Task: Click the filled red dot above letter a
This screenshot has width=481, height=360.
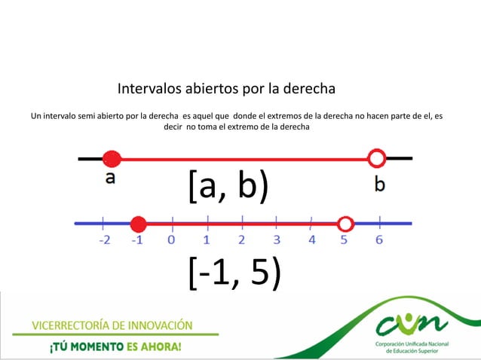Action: tap(112, 159)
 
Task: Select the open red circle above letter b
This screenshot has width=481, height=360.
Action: tap(377, 158)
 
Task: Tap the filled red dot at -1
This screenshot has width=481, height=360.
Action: tap(138, 224)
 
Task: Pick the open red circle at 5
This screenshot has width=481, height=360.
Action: tap(345, 224)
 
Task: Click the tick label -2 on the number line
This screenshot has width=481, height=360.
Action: tap(103, 240)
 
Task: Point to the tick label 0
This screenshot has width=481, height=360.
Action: tap(172, 240)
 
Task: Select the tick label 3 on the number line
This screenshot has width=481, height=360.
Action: tap(277, 240)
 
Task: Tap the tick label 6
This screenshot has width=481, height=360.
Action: tap(379, 240)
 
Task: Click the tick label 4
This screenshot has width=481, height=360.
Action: tap(311, 240)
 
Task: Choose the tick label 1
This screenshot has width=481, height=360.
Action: tap(207, 240)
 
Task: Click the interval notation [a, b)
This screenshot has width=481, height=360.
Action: tap(228, 186)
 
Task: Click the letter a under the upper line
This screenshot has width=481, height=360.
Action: tap(111, 178)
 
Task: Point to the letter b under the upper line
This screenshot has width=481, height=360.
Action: tap(379, 183)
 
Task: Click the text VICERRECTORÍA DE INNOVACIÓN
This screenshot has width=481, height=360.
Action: tap(112, 325)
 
